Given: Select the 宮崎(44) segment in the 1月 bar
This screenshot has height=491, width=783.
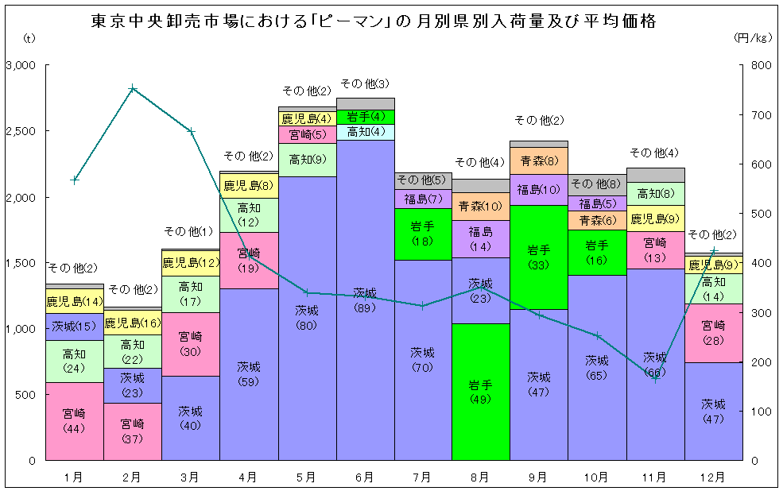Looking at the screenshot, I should coord(74,421).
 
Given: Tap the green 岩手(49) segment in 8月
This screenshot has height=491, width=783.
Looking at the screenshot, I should coord(480,392).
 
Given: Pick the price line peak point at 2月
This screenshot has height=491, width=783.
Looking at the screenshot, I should coord(133,88).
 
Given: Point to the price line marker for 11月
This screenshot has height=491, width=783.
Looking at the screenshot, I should coord(656,378).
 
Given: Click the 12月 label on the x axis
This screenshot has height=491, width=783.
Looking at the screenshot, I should coord(713,477).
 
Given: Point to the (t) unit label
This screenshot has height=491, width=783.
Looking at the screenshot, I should coord(29,37).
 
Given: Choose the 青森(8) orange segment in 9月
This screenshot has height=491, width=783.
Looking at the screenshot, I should coord(539,161).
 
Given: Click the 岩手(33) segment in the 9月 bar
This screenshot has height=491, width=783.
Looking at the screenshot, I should coord(539,257).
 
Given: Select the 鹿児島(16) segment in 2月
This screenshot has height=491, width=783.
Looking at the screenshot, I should coord(133,323).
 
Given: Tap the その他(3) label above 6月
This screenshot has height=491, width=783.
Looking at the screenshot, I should coord(365,83).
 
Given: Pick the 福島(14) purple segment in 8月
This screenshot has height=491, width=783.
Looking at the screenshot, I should coord(480,238).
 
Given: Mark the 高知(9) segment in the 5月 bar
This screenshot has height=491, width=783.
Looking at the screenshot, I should coord(307,160).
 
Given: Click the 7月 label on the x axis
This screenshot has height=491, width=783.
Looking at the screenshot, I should coord(422,477).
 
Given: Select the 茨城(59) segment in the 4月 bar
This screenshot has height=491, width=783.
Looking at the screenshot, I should coord(249,373).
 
